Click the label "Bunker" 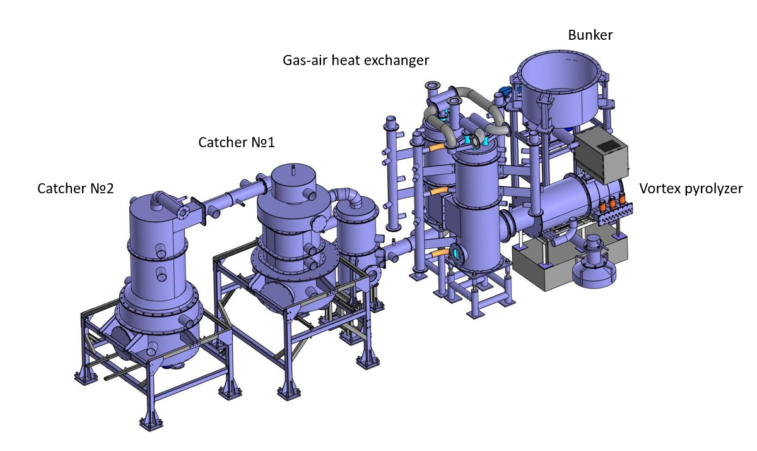590,35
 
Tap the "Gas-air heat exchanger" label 356,60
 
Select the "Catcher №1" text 237,143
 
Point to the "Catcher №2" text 75,188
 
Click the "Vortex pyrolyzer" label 691,188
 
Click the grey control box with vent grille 602,156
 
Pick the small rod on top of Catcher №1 293,170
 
